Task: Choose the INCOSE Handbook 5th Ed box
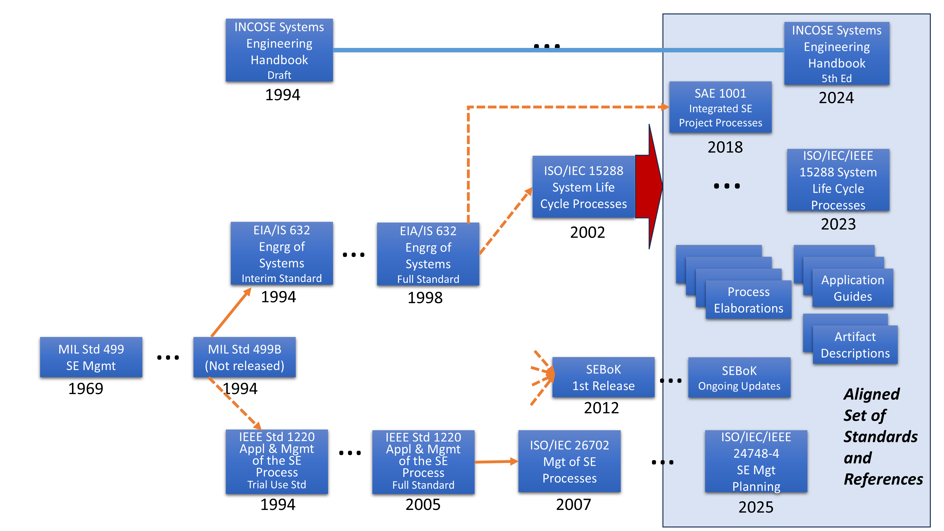click(x=837, y=54)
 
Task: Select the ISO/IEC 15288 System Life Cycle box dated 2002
click(x=583, y=187)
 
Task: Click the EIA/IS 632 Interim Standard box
click(x=282, y=253)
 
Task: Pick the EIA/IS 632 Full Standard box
click(x=428, y=254)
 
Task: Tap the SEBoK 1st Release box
click(x=603, y=377)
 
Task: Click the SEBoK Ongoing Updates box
click(x=739, y=377)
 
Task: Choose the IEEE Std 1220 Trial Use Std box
click(x=277, y=461)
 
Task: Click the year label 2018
click(x=725, y=147)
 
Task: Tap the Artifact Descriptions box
click(x=855, y=345)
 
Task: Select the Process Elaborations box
click(x=748, y=300)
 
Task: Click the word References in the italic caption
click(x=883, y=479)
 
